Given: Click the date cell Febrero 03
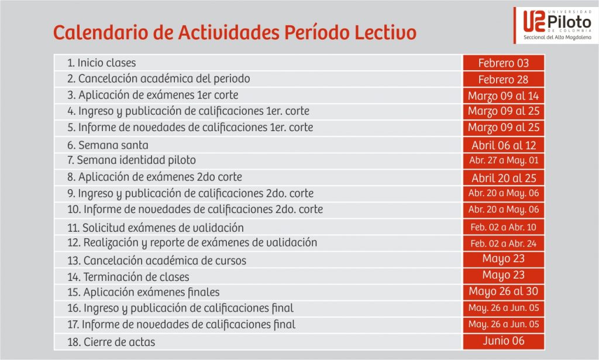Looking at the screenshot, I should (x=504, y=63).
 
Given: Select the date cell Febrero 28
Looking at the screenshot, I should (x=504, y=79).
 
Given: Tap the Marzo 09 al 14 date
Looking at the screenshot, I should (x=504, y=95).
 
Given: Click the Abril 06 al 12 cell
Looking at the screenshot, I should (x=504, y=145).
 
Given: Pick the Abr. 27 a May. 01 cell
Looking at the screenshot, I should (x=504, y=160).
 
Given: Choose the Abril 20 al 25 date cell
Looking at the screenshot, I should (x=504, y=178).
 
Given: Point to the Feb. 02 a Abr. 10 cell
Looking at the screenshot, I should (x=504, y=227).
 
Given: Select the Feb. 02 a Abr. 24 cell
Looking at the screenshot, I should (x=504, y=244).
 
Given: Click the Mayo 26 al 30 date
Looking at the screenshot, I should (x=504, y=291).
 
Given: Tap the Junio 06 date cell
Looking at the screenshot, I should (x=504, y=341).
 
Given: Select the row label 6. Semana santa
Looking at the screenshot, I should (x=108, y=145).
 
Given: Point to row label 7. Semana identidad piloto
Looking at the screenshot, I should (x=132, y=160).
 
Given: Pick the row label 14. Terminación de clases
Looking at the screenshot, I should (x=128, y=276).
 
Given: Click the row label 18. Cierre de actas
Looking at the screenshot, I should (x=111, y=342).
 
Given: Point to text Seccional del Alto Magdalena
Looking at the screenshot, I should (x=557, y=37).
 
